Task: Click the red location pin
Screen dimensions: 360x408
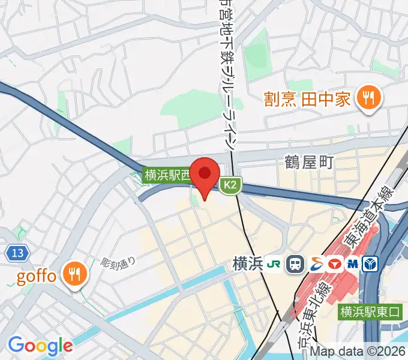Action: [205, 175]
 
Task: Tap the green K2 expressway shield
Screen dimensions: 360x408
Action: [230, 186]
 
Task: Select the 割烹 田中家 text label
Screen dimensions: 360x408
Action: [308, 98]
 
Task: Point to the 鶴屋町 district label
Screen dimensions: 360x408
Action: [308, 162]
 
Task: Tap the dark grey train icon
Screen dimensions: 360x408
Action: [295, 263]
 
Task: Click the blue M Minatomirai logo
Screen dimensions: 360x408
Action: [353, 263]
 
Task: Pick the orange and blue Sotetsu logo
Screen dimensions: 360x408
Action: [315, 263]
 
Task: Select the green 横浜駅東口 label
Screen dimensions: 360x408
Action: [370, 311]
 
